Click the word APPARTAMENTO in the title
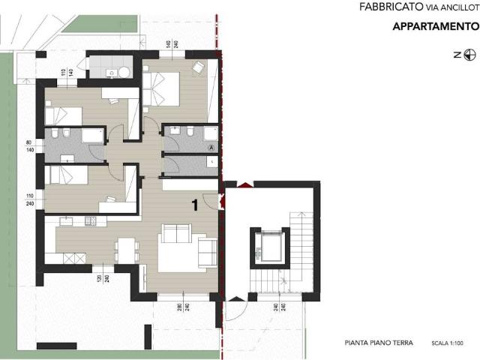tap(436, 28)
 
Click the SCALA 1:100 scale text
tap(448, 344)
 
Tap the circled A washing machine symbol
tap(211, 147)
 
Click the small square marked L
tap(212, 161)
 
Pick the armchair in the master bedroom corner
tap(198, 67)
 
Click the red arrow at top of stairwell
tap(244, 182)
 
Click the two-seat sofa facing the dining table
tap(175, 235)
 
